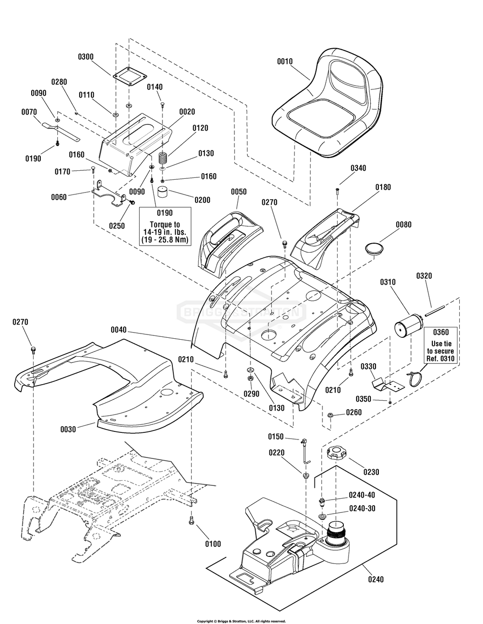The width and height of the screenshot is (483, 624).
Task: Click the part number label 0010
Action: coord(285,62)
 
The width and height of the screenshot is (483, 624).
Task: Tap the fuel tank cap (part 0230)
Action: coord(337,453)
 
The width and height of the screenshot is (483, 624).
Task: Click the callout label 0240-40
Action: coord(362,495)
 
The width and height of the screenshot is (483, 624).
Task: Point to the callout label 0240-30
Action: coord(362,508)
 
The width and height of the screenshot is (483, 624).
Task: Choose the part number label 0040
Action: coord(118,330)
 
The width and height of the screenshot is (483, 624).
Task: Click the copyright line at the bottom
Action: coord(241,621)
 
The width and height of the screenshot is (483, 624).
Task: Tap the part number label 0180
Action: coord(383,187)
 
